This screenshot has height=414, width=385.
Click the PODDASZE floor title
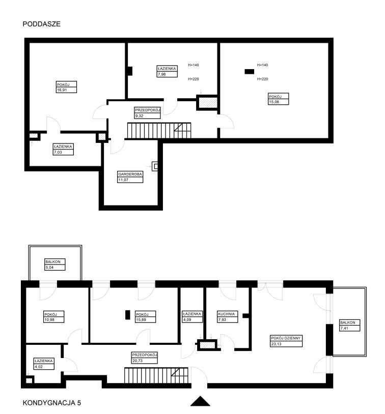tap(42, 24)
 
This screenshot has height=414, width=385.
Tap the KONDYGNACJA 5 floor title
tap(52, 403)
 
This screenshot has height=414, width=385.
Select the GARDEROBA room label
tap(130, 174)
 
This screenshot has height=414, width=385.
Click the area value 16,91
tap(62, 90)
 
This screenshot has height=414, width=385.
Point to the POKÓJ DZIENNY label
tap(286, 338)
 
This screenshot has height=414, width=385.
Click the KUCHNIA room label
tap(226, 314)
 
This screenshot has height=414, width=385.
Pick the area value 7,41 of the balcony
tap(344, 328)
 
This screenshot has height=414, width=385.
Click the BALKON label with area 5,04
tap(53, 261)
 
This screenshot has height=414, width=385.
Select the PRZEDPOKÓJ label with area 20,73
tap(145, 355)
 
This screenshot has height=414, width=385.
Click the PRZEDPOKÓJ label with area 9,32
tap(148, 110)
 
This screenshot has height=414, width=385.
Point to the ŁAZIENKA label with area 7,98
tap(167, 68)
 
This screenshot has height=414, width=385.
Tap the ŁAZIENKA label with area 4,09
tap(192, 314)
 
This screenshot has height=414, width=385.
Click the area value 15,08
tap(273, 102)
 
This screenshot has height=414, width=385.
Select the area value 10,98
tap(49, 320)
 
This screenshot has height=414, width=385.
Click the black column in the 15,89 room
tap(128, 315)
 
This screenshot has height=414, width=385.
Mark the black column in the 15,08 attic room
tap(250, 72)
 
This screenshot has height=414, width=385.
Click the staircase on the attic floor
tap(159, 130)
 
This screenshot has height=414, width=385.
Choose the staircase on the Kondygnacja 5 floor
tap(156, 375)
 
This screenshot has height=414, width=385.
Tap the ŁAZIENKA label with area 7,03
tap(63, 146)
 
